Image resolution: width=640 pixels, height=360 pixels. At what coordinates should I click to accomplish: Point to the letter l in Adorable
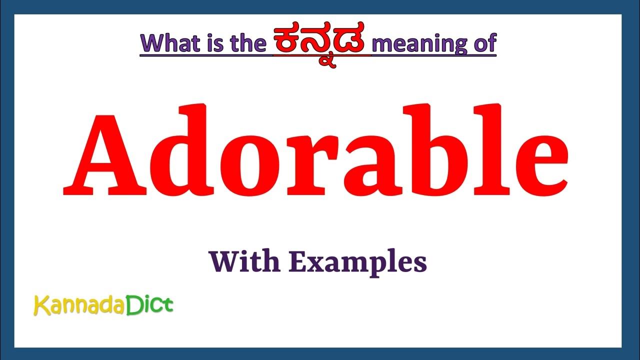click(x=491, y=150)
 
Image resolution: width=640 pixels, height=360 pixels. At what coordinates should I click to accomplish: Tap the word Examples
click(x=358, y=262)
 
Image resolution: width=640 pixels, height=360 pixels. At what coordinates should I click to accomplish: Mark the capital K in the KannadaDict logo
click(x=40, y=305)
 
